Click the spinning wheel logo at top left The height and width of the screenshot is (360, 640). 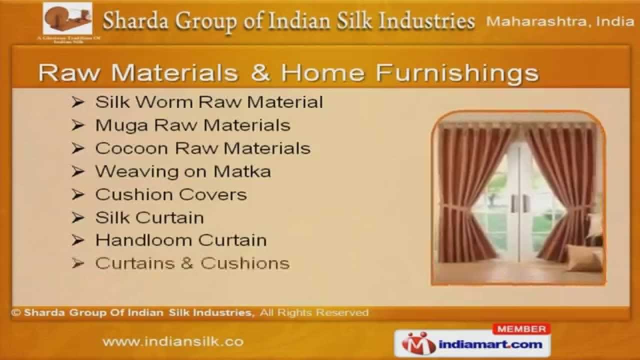(x=67, y=19)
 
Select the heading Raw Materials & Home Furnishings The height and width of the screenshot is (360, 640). (x=288, y=73)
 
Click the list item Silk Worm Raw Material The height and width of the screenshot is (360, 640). (x=209, y=102)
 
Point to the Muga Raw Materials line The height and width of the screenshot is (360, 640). (x=192, y=125)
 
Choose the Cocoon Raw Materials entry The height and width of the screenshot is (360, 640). (x=202, y=148)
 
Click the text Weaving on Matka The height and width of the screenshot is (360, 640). (x=183, y=171)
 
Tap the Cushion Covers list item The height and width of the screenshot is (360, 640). (x=171, y=194)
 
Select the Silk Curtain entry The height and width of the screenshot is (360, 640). (x=149, y=217)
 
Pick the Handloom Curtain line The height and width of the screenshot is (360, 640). (x=181, y=240)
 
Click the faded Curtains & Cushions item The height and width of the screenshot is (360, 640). (x=192, y=263)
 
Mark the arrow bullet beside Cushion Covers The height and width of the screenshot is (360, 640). (x=77, y=194)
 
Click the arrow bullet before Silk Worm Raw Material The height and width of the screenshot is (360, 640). (x=77, y=102)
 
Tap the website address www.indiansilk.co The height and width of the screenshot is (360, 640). (x=173, y=342)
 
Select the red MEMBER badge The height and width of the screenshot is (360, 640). (x=521, y=329)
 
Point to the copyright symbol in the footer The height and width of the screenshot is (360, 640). (x=16, y=313)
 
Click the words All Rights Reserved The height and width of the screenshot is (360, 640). (x=314, y=313)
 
